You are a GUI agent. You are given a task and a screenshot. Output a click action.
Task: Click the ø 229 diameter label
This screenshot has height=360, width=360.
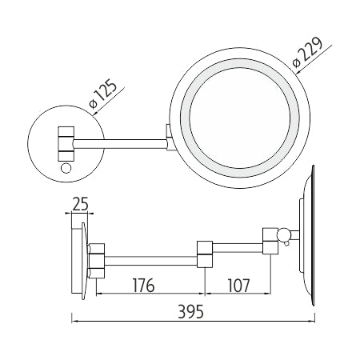point(307,52)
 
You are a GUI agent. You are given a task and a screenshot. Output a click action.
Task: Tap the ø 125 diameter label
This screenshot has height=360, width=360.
point(103,94)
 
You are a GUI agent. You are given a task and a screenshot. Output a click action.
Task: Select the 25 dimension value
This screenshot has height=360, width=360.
point(80,204)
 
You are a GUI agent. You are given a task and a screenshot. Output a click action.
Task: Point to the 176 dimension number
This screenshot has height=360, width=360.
point(144,286)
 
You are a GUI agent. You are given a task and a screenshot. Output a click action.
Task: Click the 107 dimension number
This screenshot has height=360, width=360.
point(238,286)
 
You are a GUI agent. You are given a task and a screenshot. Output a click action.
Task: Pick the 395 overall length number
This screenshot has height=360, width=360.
point(190,311)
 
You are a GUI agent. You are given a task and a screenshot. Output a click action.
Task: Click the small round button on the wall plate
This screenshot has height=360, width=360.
point(66,168)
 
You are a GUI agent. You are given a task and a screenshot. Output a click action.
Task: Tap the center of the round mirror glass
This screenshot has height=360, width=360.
point(240,118)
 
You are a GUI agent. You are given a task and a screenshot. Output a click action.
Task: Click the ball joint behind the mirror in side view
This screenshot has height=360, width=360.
point(283,234)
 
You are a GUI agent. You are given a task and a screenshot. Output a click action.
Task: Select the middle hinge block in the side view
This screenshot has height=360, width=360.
point(205,254)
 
